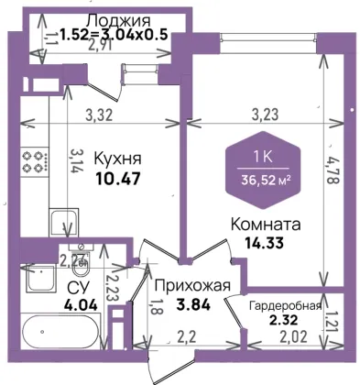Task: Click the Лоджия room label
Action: point(119,21)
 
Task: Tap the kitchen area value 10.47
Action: point(118,178)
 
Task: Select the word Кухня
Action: point(117,159)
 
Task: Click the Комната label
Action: point(266,225)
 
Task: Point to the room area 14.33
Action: point(265,243)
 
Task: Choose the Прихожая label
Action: point(192,286)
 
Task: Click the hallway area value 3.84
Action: point(193,304)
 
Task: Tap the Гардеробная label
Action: point(286,306)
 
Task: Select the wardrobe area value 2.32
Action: point(283,320)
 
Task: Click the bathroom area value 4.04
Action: point(81,304)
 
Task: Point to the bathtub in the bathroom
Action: point(61,332)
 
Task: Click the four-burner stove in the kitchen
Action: point(35,161)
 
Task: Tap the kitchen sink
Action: point(64,223)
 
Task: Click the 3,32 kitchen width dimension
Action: point(100,115)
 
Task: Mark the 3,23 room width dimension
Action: point(265,115)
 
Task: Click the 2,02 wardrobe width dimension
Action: point(294,337)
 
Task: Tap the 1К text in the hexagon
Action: point(263,157)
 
